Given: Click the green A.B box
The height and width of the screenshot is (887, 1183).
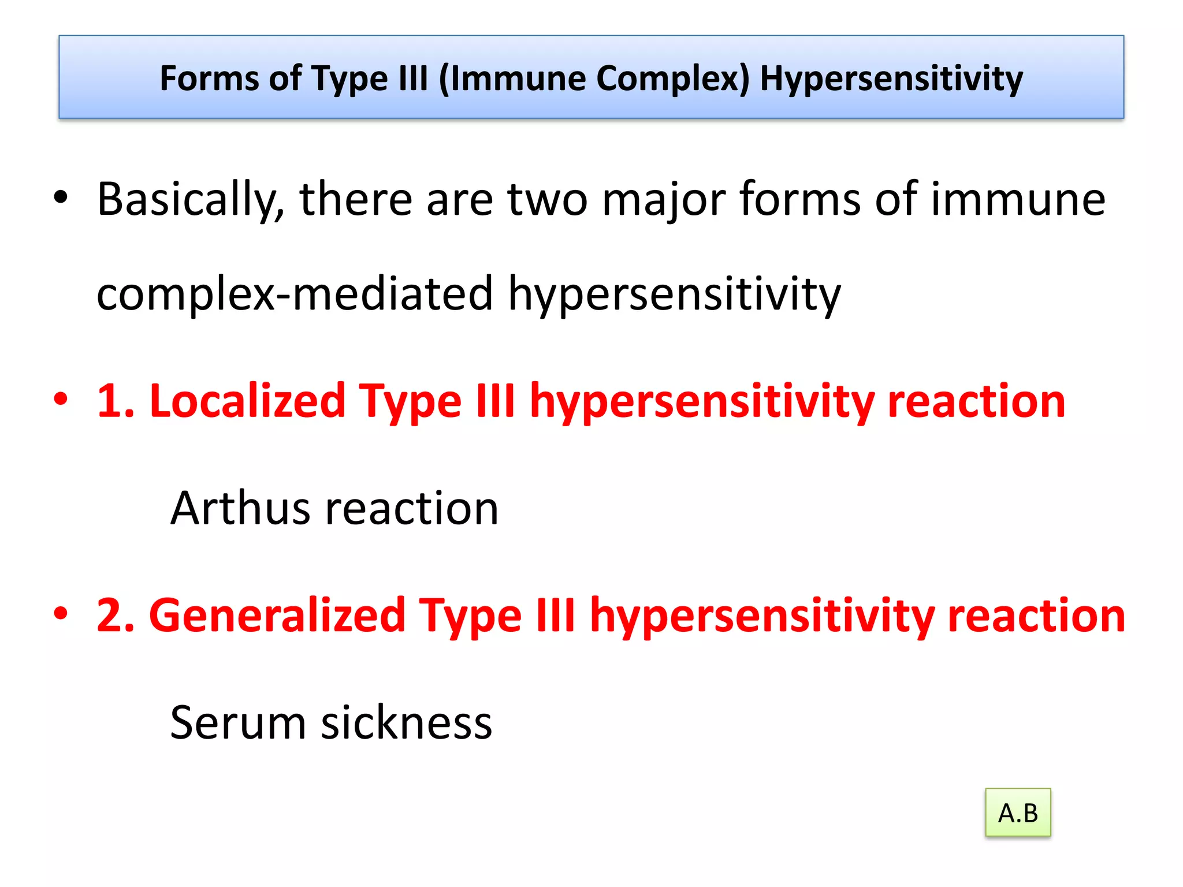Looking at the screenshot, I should pos(1018,813).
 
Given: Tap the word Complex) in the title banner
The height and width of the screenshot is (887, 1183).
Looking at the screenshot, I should pos(672,79).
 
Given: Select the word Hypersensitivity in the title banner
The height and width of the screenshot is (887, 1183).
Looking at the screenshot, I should pos(891,79).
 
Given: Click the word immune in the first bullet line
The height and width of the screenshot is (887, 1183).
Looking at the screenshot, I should pos(1018,200).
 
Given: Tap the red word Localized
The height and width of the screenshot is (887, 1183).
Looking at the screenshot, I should pos(248,401).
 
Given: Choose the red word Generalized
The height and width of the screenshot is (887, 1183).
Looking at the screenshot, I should pos(277,616).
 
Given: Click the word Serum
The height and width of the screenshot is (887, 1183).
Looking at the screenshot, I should pos(237,723).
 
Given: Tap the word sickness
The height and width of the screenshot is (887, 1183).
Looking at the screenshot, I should pos(406,723).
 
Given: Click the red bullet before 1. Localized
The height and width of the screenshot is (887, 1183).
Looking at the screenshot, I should pos(61,399).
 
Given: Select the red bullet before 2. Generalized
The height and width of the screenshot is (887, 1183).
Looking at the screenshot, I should pos(61,613).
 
